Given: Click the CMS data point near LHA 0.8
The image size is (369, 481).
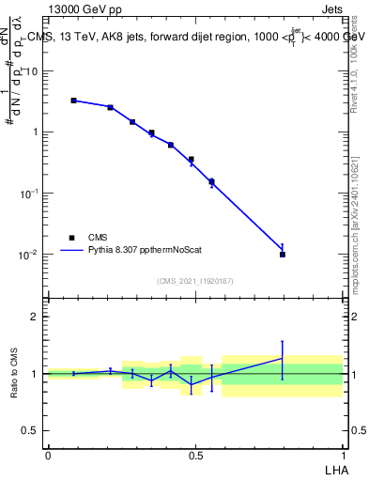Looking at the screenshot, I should tap(283, 254).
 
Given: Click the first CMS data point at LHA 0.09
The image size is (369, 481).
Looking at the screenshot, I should tap(73, 101).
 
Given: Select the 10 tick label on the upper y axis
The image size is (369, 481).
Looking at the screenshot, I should tap(34, 70).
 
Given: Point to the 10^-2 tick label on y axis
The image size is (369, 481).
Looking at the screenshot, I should tap(30, 255).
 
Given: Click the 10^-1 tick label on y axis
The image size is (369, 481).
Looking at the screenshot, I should tap(30, 194).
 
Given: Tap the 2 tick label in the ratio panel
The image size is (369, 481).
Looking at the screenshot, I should tap(37, 317).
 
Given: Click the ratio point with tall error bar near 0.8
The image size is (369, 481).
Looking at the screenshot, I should tap(283, 358).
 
